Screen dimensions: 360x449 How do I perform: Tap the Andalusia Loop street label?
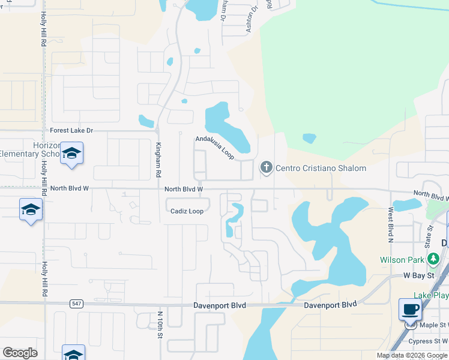[x=214, y=147]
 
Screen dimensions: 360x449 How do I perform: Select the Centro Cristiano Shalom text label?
[x=321, y=168]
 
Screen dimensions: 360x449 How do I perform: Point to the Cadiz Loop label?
[x=187, y=211]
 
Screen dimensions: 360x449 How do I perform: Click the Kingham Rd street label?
[x=158, y=160]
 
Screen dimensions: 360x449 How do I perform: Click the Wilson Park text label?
[x=401, y=260]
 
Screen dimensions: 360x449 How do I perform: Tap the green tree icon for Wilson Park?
[x=433, y=259]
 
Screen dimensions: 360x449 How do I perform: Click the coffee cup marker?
[x=410, y=309]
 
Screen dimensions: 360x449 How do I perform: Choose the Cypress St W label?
[x=428, y=341]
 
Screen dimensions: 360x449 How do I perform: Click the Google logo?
[x=20, y=353]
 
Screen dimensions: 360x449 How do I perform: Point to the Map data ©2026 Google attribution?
[x=411, y=355]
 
